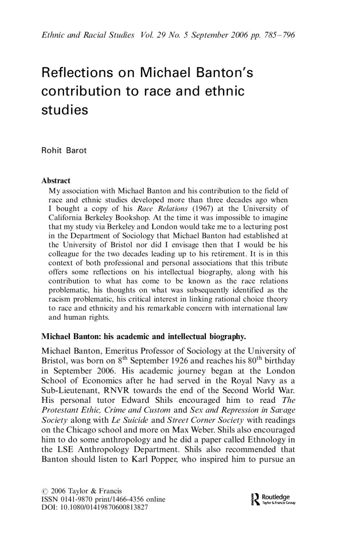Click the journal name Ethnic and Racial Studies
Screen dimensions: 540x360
pyautogui.click(x=88, y=35)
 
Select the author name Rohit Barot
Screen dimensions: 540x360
pyautogui.click(x=64, y=150)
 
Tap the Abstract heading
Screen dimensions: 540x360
pyautogui.click(x=56, y=180)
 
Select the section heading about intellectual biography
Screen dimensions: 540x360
pyautogui.click(x=144, y=337)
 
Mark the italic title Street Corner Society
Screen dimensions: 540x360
pyautogui.click(x=206, y=420)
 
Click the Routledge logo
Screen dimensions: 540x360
pyautogui.click(x=272, y=499)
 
